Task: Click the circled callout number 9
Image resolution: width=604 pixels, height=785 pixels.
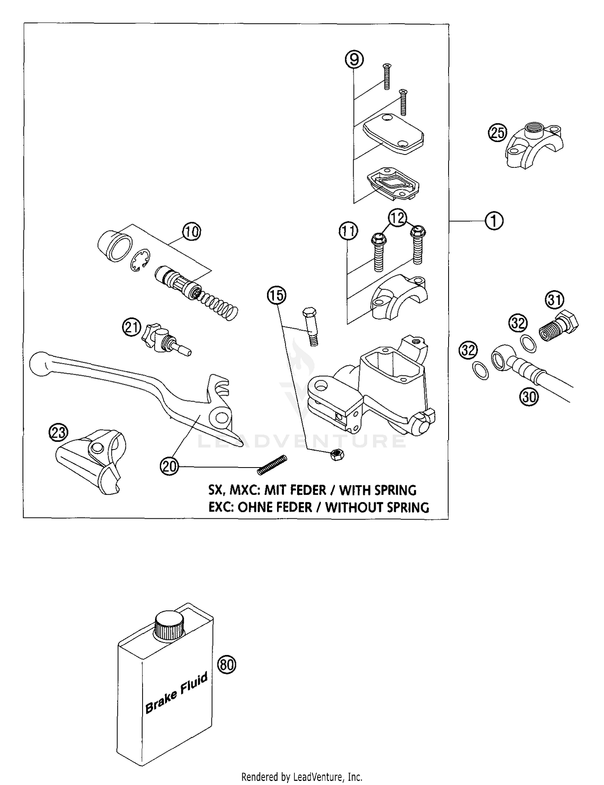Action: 354,60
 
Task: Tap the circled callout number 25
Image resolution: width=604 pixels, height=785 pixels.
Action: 498,132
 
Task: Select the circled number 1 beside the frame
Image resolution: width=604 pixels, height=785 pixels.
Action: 494,221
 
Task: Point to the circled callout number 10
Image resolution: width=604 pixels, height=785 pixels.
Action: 191,232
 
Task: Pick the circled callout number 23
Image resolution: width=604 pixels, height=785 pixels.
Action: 58,433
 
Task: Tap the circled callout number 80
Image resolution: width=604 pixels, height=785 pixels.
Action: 227,665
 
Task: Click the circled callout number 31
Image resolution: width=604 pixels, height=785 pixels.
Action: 555,300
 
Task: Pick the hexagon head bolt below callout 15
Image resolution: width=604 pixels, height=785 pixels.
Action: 310,326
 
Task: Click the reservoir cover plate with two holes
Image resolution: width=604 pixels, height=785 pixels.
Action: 394,133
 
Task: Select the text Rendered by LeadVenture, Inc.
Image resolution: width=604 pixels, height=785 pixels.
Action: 302,776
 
